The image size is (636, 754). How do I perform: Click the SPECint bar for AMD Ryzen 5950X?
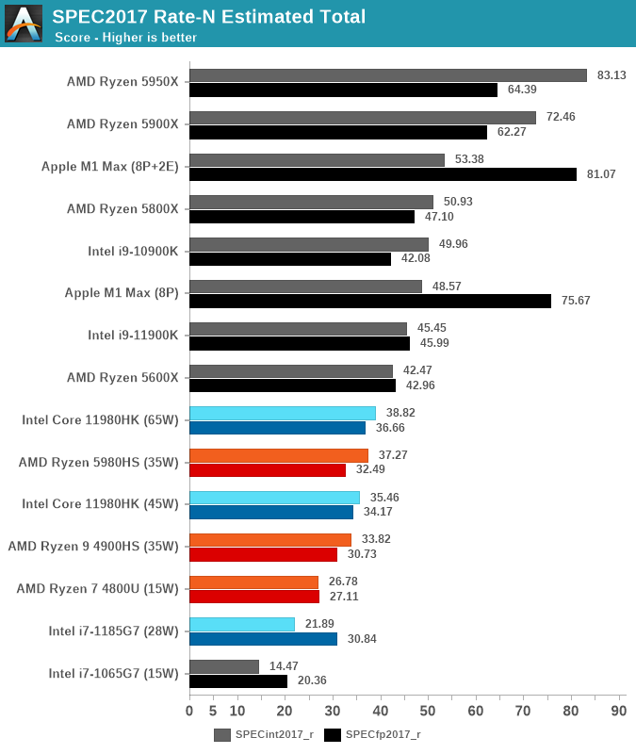pos(387,75)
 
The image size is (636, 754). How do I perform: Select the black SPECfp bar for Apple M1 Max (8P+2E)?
pos(383,174)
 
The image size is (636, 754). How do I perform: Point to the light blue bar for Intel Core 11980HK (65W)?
pos(283,413)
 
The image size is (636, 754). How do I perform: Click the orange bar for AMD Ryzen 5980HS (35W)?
pos(279,455)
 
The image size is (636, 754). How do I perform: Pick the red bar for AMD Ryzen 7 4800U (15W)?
pos(254,597)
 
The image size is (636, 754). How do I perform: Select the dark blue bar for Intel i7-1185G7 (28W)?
pos(263,639)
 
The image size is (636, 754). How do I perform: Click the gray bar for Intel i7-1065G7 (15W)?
pos(224,666)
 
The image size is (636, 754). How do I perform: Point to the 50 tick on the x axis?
pos(428,711)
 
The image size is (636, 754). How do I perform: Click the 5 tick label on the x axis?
pos(213,711)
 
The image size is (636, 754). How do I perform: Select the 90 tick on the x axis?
pos(619,711)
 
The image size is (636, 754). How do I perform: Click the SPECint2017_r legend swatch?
pos(222,735)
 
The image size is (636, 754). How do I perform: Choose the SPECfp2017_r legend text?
pos(383,735)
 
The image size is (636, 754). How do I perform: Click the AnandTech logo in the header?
pos(24,24)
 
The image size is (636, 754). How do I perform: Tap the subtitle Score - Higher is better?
pos(125,38)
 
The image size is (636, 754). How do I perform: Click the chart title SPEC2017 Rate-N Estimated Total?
pos(209,16)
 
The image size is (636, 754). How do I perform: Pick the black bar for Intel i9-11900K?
pos(300,343)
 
